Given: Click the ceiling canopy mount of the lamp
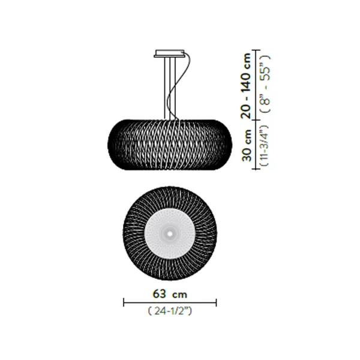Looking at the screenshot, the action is point(169,53).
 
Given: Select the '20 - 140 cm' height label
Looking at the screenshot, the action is point(246,85).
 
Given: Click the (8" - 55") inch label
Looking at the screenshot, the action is point(266,84).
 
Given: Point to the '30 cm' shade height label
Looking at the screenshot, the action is point(247,145).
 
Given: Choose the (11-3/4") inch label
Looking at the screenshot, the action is point(264,145).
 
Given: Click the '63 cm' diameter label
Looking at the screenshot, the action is point(170,294).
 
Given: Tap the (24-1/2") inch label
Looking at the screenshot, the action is point(170,311).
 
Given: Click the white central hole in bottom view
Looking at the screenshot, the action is point(170,234).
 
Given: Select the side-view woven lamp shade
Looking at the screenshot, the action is point(170,145).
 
